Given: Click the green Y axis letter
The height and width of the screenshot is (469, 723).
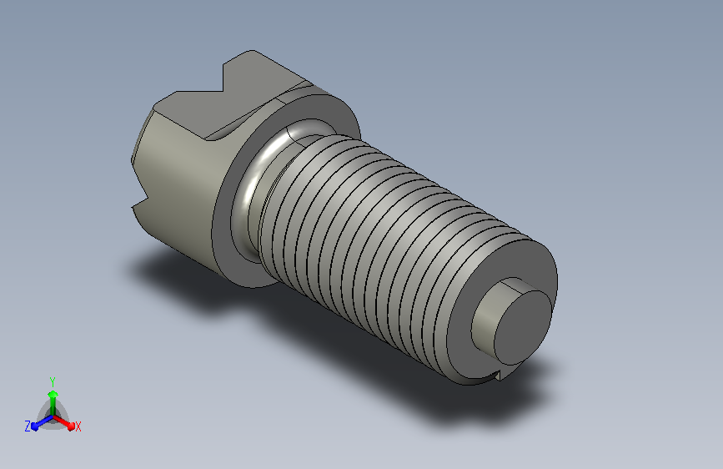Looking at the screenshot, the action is click(52, 382).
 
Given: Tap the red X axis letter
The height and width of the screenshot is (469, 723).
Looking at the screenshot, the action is click(78, 426).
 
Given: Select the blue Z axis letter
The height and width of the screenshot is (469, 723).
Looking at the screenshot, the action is click(28, 426).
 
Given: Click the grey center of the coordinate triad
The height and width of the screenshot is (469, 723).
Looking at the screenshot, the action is click(53, 416).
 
